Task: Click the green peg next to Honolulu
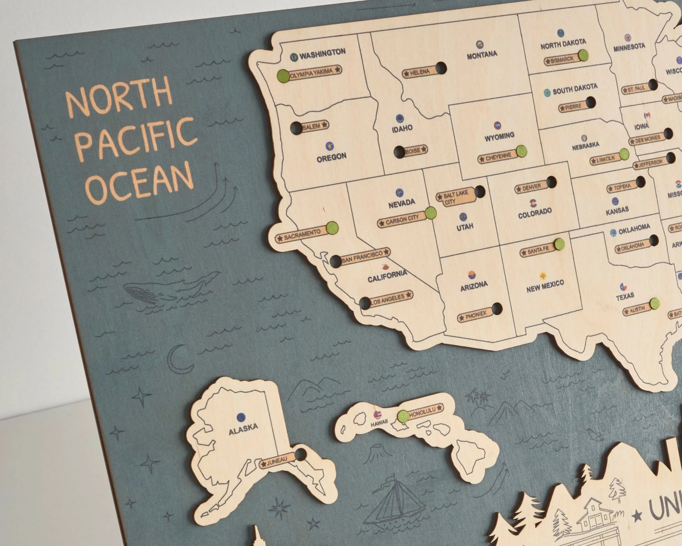point(403,416)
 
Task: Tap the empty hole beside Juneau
point(300,455)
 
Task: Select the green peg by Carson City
point(431,213)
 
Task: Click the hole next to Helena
point(441,68)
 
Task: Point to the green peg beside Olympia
point(283,76)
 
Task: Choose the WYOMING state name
point(499,136)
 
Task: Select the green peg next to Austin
point(654,303)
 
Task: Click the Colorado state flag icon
point(533,202)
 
